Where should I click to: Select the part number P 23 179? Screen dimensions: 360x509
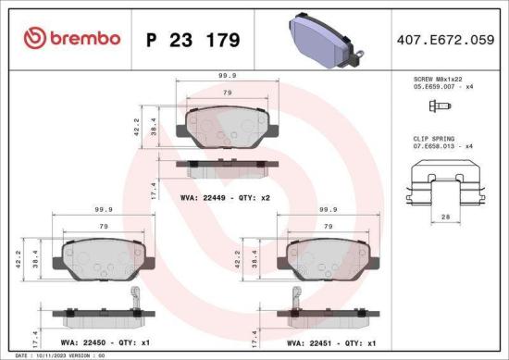(192, 40)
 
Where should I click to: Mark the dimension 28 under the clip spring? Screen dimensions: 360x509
(445, 216)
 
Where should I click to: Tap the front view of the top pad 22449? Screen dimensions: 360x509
(225, 127)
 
